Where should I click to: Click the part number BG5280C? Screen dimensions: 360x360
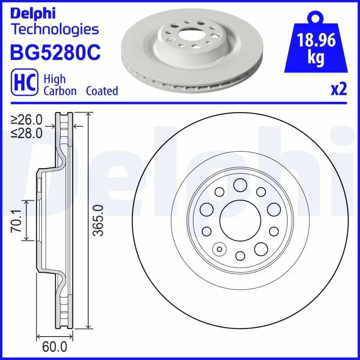(55, 52)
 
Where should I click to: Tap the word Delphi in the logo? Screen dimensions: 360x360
(32, 13)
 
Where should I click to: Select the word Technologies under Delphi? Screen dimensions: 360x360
(54, 30)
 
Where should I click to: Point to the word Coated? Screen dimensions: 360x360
(102, 90)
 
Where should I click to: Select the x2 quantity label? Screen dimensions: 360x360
(338, 90)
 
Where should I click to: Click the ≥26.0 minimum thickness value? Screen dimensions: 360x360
(27, 120)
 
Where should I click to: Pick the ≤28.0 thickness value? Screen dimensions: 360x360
(27, 133)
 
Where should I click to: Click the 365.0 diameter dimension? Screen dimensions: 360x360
(98, 220)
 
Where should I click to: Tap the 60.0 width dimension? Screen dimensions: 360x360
(54, 347)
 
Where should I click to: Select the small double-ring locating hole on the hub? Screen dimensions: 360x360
(220, 249)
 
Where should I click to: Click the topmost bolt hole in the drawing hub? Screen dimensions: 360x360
(240, 184)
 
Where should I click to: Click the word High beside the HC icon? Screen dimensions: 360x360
(54, 79)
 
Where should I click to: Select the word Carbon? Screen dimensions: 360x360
(60, 90)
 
